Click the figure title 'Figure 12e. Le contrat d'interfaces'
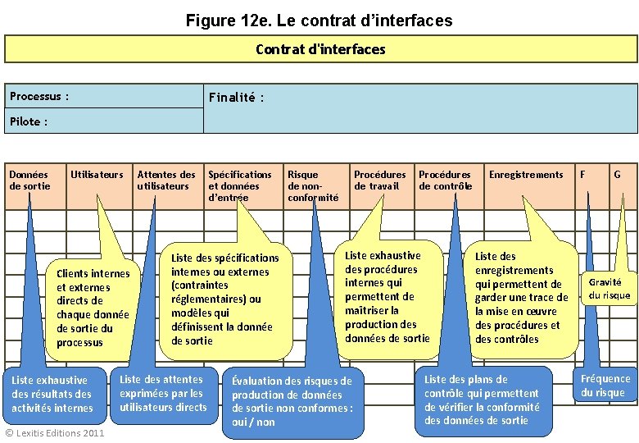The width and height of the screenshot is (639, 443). tap(319, 20)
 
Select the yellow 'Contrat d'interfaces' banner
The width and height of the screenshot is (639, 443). tap(319, 49)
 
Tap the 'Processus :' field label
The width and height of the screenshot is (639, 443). tap(39, 97)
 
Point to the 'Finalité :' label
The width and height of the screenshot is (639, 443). tap(236, 98)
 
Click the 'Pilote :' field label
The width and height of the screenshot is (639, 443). tap(29, 121)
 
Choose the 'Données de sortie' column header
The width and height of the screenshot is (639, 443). tap(29, 180)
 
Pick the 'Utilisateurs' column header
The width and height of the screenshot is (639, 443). tap(97, 175)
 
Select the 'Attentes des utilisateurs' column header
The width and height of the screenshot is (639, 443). tap(166, 180)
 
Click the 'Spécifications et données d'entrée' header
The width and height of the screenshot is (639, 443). tap(239, 185)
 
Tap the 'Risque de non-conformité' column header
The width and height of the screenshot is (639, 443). tap(312, 185)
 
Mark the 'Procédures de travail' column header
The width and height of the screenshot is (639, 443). tap(379, 180)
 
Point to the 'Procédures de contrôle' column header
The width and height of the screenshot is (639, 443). tap(445, 180)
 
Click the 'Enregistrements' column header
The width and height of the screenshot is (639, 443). tap(526, 175)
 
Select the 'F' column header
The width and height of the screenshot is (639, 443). tap(582, 175)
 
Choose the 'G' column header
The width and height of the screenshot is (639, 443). tap(617, 175)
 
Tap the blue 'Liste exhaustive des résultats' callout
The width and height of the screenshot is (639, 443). tap(52, 394)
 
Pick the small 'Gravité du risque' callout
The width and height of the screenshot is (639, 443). tap(610, 288)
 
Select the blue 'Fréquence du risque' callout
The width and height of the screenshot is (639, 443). tap(605, 386)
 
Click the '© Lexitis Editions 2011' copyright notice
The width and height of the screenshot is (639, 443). tap(55, 432)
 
